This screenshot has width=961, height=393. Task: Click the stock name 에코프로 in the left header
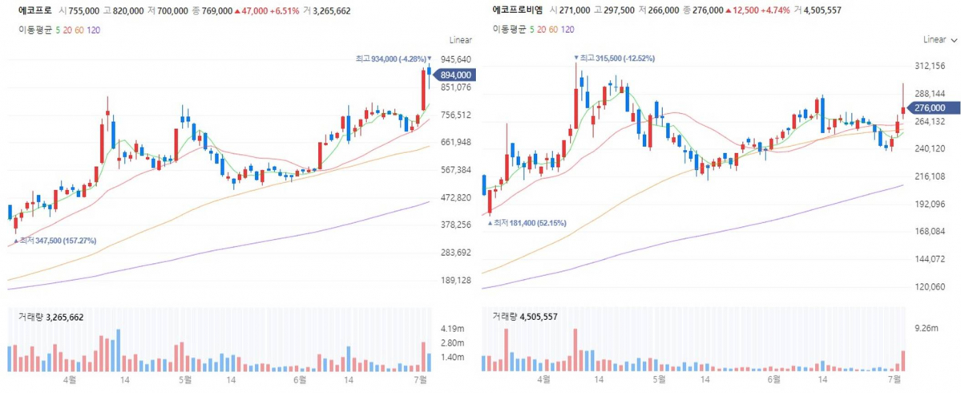point(35,12)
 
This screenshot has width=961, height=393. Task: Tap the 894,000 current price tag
point(454,75)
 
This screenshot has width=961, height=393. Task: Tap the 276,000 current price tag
point(929,107)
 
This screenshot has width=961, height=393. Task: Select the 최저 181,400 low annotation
point(530,222)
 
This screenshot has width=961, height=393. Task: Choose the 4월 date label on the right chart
point(544,379)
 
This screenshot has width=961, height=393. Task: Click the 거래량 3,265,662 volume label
point(51,317)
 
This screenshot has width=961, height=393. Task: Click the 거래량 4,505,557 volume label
point(526,317)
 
